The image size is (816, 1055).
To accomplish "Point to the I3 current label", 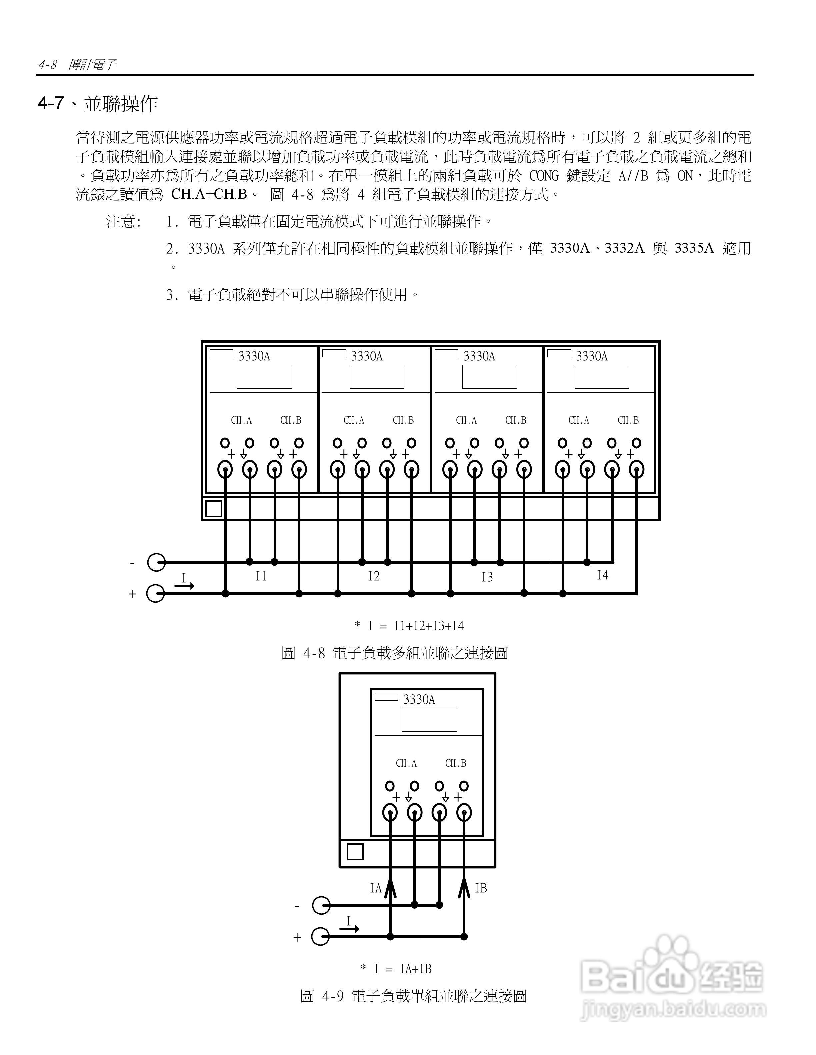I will pos(487,577).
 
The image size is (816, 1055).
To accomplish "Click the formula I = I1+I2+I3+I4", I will pos(409,626).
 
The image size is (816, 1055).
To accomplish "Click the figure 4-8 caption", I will pos(394,654).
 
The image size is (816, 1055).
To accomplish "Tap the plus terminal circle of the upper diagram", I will pos(156,594).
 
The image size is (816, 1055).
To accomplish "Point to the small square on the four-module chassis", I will pos(214,509).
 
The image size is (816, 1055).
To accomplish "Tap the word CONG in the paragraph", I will pos(544,176).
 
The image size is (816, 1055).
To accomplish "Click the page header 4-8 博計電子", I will pos(77,65).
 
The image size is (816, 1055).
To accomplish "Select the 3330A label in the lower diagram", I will pos(419,699).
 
